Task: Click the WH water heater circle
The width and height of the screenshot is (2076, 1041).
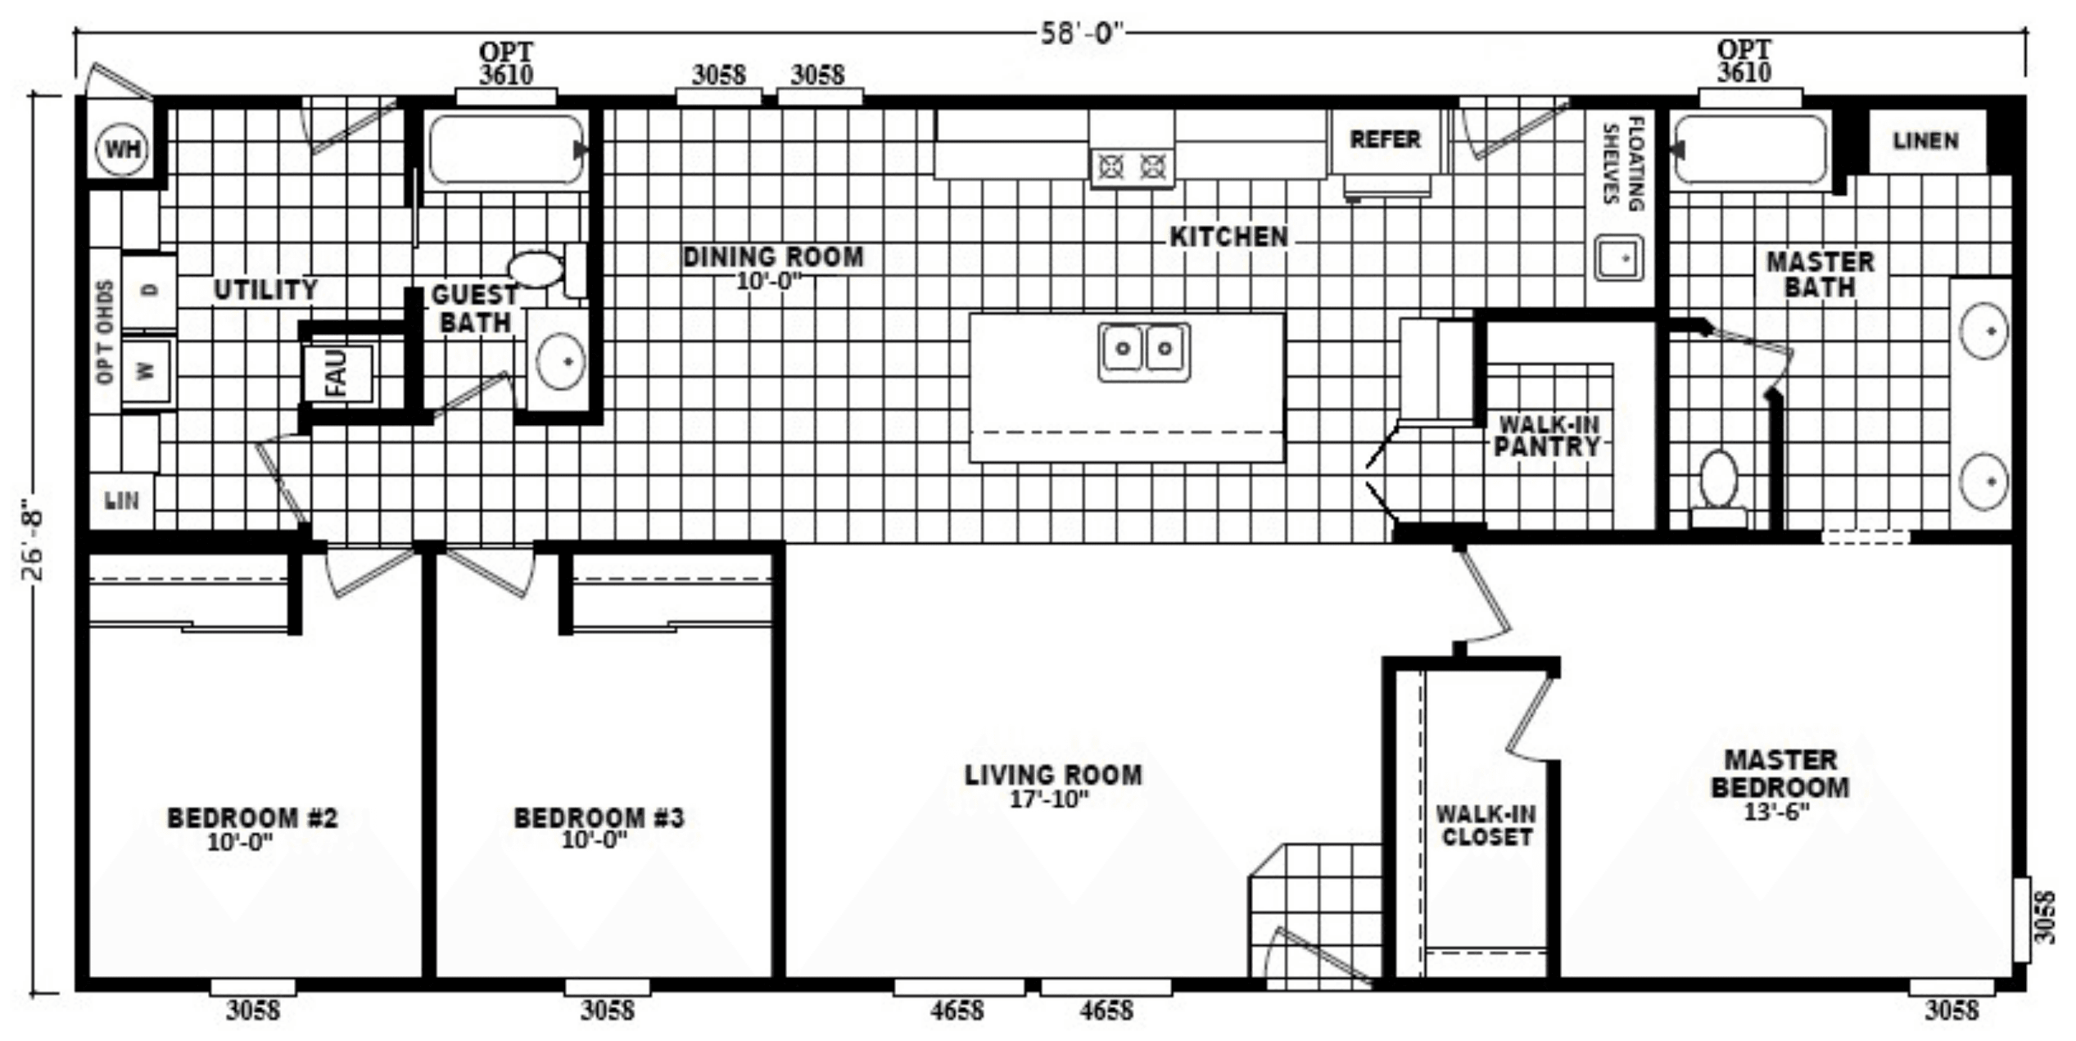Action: (123, 149)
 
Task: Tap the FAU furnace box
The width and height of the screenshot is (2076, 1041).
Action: (337, 373)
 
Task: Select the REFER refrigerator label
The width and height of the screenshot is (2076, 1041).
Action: (1385, 139)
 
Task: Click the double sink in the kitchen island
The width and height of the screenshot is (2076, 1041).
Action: (1144, 351)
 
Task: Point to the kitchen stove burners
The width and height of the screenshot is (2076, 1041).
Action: (1132, 167)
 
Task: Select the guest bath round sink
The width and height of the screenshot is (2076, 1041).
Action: (561, 361)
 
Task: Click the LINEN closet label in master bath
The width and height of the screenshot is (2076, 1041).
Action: (1926, 141)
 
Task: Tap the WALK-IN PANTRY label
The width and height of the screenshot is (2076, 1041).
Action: (1548, 436)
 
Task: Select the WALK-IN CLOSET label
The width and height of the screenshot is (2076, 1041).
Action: (1486, 826)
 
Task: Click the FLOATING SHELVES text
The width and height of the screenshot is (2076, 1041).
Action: (1623, 164)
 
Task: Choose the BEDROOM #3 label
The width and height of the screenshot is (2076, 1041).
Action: (599, 817)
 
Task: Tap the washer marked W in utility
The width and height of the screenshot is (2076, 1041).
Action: (147, 371)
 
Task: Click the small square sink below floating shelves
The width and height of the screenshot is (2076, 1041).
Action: (1619, 258)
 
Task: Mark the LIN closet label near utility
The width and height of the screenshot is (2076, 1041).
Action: (122, 500)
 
